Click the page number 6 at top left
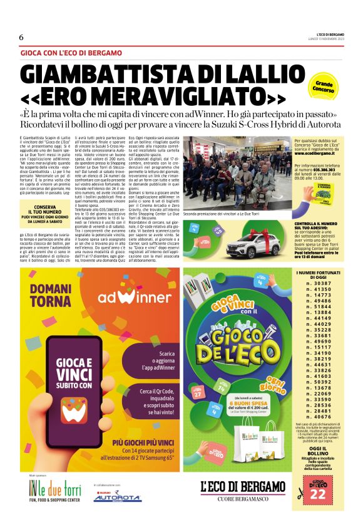[x=21, y=37]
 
